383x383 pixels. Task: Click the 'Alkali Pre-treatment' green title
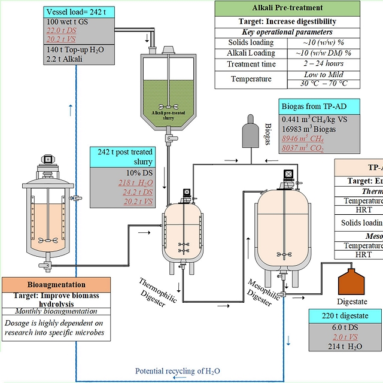point(287,8)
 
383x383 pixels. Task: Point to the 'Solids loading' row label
point(251,42)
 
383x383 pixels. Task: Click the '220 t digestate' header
point(345,315)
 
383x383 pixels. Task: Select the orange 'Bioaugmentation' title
point(57,284)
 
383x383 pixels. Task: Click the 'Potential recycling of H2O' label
point(177,371)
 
